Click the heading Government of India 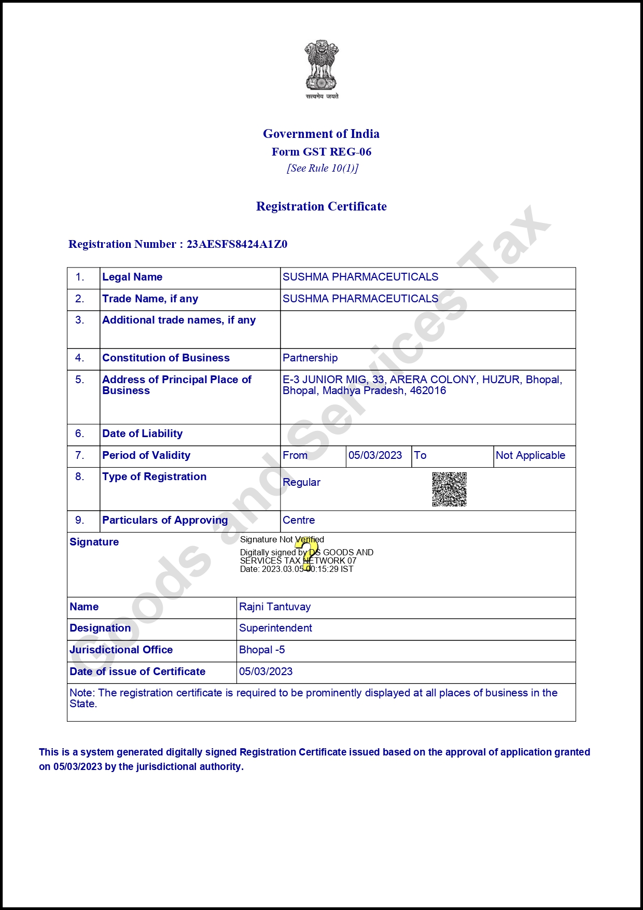point(321,134)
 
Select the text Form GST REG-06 point(321,152)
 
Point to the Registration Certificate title point(321,206)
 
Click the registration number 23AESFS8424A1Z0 point(237,244)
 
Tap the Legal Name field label point(132,277)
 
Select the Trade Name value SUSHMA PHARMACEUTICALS point(360,299)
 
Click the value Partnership point(310,358)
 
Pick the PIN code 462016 point(428,391)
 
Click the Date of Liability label point(143,434)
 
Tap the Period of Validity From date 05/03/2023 point(375,456)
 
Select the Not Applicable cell point(530,456)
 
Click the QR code point(450,489)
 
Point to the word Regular point(302,483)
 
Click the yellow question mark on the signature point(306,553)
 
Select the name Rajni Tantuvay point(275,607)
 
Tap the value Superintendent point(275,628)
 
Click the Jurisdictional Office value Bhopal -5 point(262,650)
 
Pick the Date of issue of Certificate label point(137,672)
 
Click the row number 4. point(79,358)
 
